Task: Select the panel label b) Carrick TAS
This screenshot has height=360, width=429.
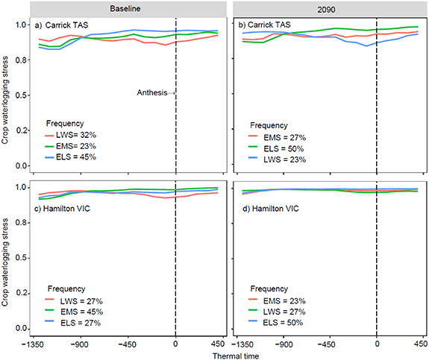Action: click(x=266, y=25)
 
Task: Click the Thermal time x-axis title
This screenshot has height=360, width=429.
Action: click(x=226, y=354)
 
